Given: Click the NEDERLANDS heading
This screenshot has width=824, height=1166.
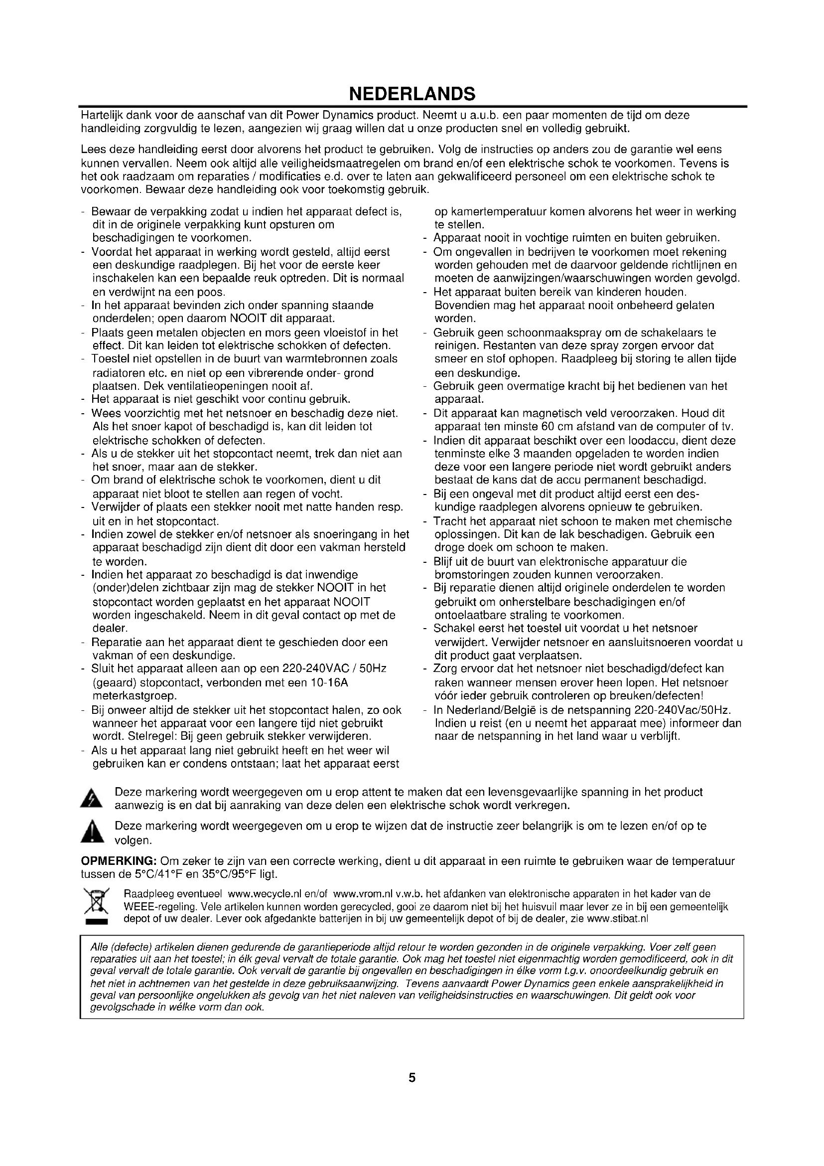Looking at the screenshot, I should tap(412, 94).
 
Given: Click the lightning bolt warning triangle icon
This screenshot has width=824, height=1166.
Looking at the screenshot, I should tap(92, 799).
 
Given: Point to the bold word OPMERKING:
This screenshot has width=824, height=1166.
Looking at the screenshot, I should tap(119, 861).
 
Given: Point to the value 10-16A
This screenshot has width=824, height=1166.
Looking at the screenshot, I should tap(328, 682).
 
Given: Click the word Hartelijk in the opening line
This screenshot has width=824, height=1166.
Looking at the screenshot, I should tap(101, 115).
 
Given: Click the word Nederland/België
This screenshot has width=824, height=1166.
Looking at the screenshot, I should tap(487, 709).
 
